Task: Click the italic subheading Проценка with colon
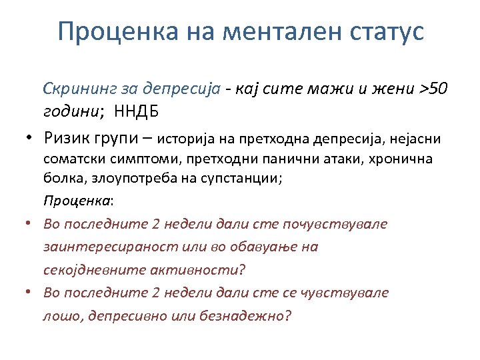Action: [79, 201]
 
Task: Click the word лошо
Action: [59, 315]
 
